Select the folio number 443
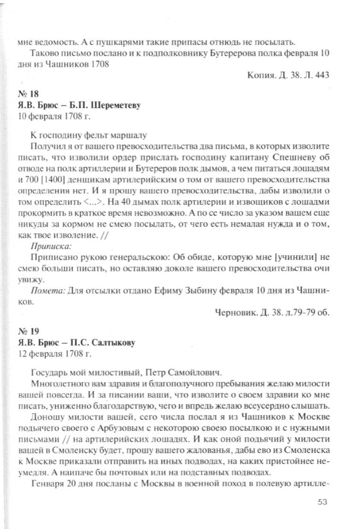[x=319, y=75]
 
